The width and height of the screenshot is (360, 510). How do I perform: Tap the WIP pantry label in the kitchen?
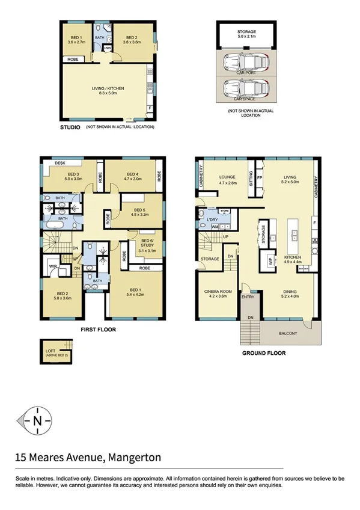click(269, 260)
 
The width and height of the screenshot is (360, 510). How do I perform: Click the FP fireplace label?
click(260, 178)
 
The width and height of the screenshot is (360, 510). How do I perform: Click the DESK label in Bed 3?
click(60, 163)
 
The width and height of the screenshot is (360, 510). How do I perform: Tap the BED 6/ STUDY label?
click(147, 242)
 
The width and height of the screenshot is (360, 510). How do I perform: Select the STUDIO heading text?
click(70, 127)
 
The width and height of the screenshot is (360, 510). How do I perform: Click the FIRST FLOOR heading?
click(98, 330)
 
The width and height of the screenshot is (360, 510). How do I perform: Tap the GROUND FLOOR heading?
click(263, 353)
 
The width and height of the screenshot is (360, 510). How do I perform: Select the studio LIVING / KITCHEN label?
click(108, 91)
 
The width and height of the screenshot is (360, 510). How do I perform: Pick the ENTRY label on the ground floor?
click(248, 296)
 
